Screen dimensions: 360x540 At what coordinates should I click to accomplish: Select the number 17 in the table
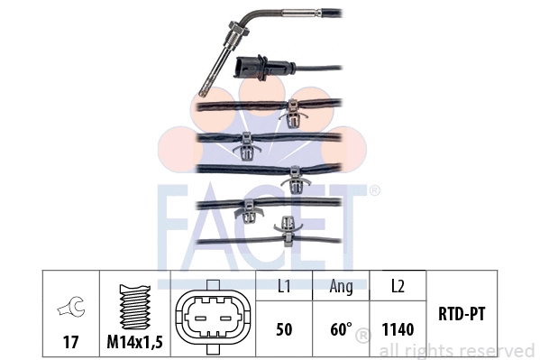click(x=70, y=342)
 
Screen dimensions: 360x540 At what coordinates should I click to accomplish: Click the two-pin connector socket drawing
click(x=212, y=317)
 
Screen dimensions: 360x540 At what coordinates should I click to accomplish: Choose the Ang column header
click(x=341, y=288)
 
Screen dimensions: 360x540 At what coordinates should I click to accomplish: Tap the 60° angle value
click(x=341, y=329)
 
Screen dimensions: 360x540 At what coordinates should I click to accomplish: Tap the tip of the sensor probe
click(x=205, y=92)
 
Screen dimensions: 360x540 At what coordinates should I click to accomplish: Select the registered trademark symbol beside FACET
click(x=374, y=191)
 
